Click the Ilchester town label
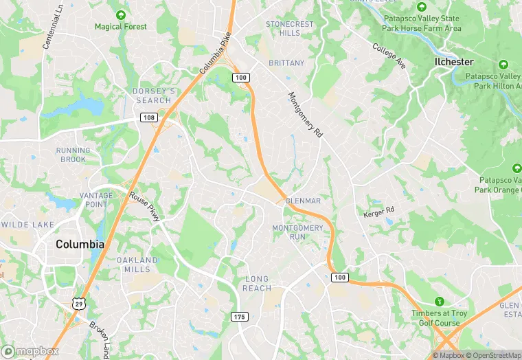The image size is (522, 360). [x=454, y=62]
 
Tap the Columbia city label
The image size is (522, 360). [x=80, y=245]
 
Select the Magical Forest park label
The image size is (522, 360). [x=121, y=27]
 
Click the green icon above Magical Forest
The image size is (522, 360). [x=121, y=14]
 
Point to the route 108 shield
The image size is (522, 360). [x=149, y=117]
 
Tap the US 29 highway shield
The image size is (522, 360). [x=80, y=303]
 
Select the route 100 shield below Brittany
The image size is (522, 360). [x=240, y=78]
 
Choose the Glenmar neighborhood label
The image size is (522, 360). [x=303, y=201]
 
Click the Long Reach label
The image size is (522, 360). [x=258, y=283]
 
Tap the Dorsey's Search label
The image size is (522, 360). [x=153, y=95]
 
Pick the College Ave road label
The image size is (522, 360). [x=389, y=56]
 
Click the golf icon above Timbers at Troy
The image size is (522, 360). [x=440, y=301]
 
